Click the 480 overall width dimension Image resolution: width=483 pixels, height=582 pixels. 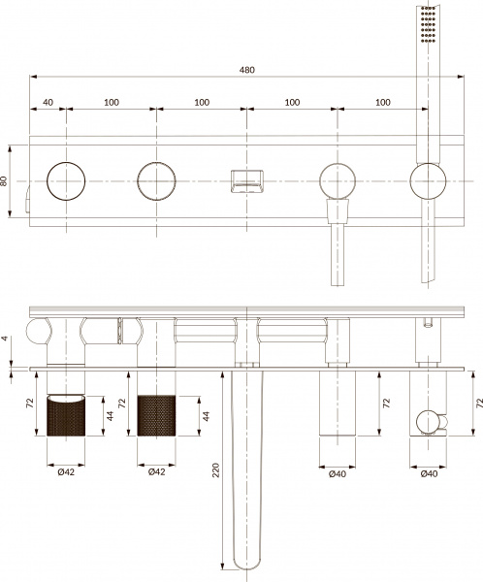coord(250,69)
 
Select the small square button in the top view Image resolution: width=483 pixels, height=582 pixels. coord(245,180)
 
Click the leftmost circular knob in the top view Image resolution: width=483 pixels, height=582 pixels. coord(67,180)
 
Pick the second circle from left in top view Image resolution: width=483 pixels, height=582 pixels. coord(156,180)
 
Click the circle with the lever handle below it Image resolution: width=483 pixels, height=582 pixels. coord(337,180)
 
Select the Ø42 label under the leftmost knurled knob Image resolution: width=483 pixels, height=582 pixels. coord(67,472)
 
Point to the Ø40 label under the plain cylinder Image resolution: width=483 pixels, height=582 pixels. coord(337,472)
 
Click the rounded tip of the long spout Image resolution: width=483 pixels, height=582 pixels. coord(248,563)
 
